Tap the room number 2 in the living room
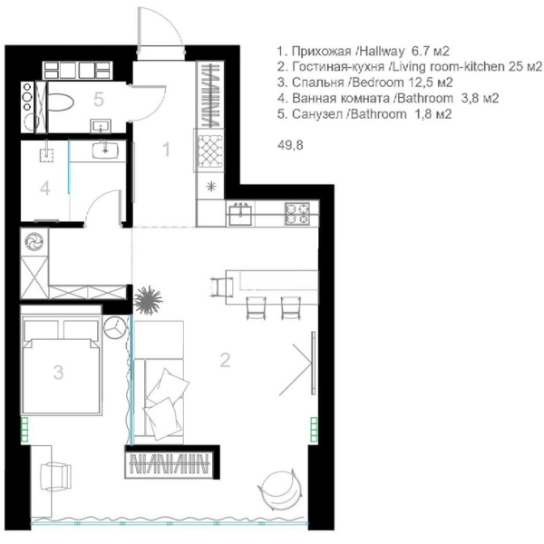(x=224, y=359)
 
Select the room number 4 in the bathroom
(x=44, y=189)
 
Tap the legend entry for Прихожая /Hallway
(x=363, y=51)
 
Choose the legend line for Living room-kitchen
(x=408, y=67)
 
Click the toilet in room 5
(x=62, y=97)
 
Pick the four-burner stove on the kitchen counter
(x=297, y=213)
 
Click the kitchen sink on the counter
(x=240, y=213)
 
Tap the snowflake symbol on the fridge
(x=211, y=187)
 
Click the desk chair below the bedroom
(x=57, y=473)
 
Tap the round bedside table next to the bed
(x=115, y=327)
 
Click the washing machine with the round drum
(x=34, y=241)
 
